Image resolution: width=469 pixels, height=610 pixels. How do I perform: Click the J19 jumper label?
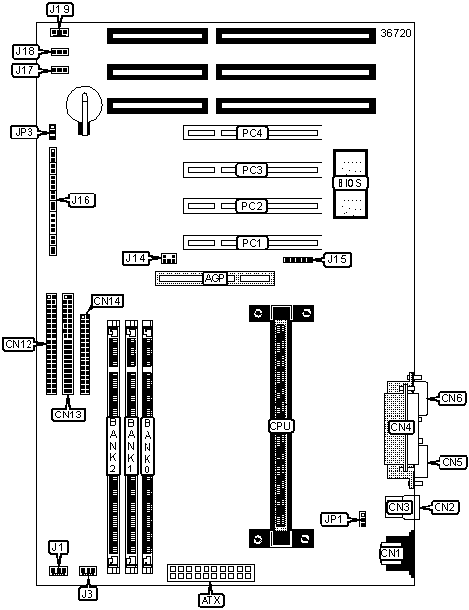pyautogui.click(x=60, y=10)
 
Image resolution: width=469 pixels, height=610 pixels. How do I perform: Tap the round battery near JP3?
pyautogui.click(x=85, y=105)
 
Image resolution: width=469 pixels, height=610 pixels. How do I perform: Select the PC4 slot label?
pyautogui.click(x=252, y=133)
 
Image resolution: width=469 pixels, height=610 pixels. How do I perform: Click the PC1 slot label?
pyautogui.click(x=252, y=243)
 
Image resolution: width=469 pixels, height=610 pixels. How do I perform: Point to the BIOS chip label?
pyautogui.click(x=350, y=183)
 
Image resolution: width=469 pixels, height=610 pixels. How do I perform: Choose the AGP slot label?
pyautogui.click(x=215, y=278)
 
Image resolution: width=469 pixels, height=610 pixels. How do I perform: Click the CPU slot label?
pyautogui.click(x=280, y=426)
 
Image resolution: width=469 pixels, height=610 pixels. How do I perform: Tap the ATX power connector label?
pyautogui.click(x=211, y=600)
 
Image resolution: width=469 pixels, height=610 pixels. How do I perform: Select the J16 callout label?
pyautogui.click(x=82, y=200)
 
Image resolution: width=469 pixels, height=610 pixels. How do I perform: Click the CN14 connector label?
pyautogui.click(x=107, y=301)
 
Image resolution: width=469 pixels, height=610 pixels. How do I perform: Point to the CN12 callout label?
pyautogui.click(x=19, y=345)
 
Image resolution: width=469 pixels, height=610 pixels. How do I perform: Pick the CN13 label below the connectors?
pyautogui.click(x=68, y=415)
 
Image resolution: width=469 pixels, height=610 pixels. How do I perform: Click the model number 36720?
pyautogui.click(x=396, y=33)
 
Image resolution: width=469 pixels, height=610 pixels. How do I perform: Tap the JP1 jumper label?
pyautogui.click(x=334, y=519)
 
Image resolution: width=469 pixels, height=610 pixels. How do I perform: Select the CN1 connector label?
pyautogui.click(x=390, y=553)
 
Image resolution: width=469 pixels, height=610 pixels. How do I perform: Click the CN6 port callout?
pyautogui.click(x=452, y=398)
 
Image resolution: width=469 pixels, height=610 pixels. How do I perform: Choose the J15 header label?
pyautogui.click(x=337, y=259)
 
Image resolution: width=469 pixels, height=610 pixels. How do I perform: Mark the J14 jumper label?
pyautogui.click(x=136, y=258)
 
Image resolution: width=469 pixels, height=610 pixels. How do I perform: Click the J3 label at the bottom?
pyautogui.click(x=88, y=594)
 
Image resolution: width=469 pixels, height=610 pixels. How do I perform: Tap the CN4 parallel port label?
pyautogui.click(x=401, y=427)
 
